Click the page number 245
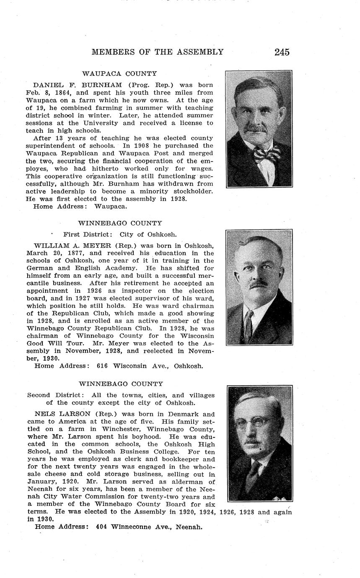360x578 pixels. tap(282, 52)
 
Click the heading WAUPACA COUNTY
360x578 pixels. tap(119, 74)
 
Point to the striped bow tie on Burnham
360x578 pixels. tap(267, 154)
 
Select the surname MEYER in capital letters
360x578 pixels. tap(96, 245)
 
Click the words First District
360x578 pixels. tap(88, 235)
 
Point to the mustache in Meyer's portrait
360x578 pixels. tap(258, 284)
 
